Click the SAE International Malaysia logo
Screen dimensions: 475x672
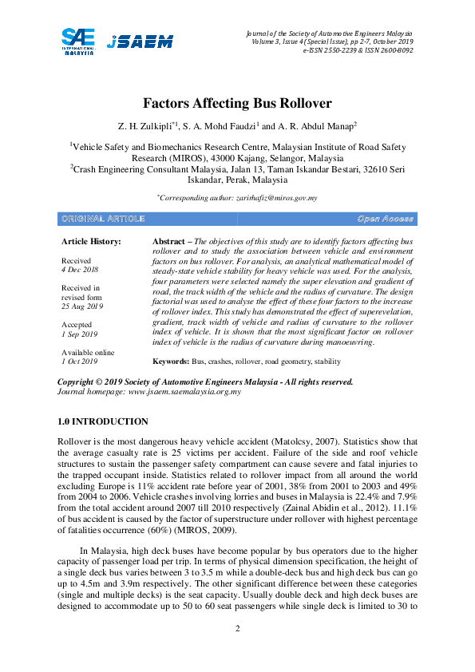78,40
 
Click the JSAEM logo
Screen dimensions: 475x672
140,42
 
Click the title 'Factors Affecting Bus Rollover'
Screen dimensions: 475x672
237,104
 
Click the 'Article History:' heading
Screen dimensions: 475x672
91,240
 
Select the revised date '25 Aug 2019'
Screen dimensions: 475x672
84,306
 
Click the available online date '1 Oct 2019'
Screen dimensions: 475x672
80,362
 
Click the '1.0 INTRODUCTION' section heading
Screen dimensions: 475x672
103,421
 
